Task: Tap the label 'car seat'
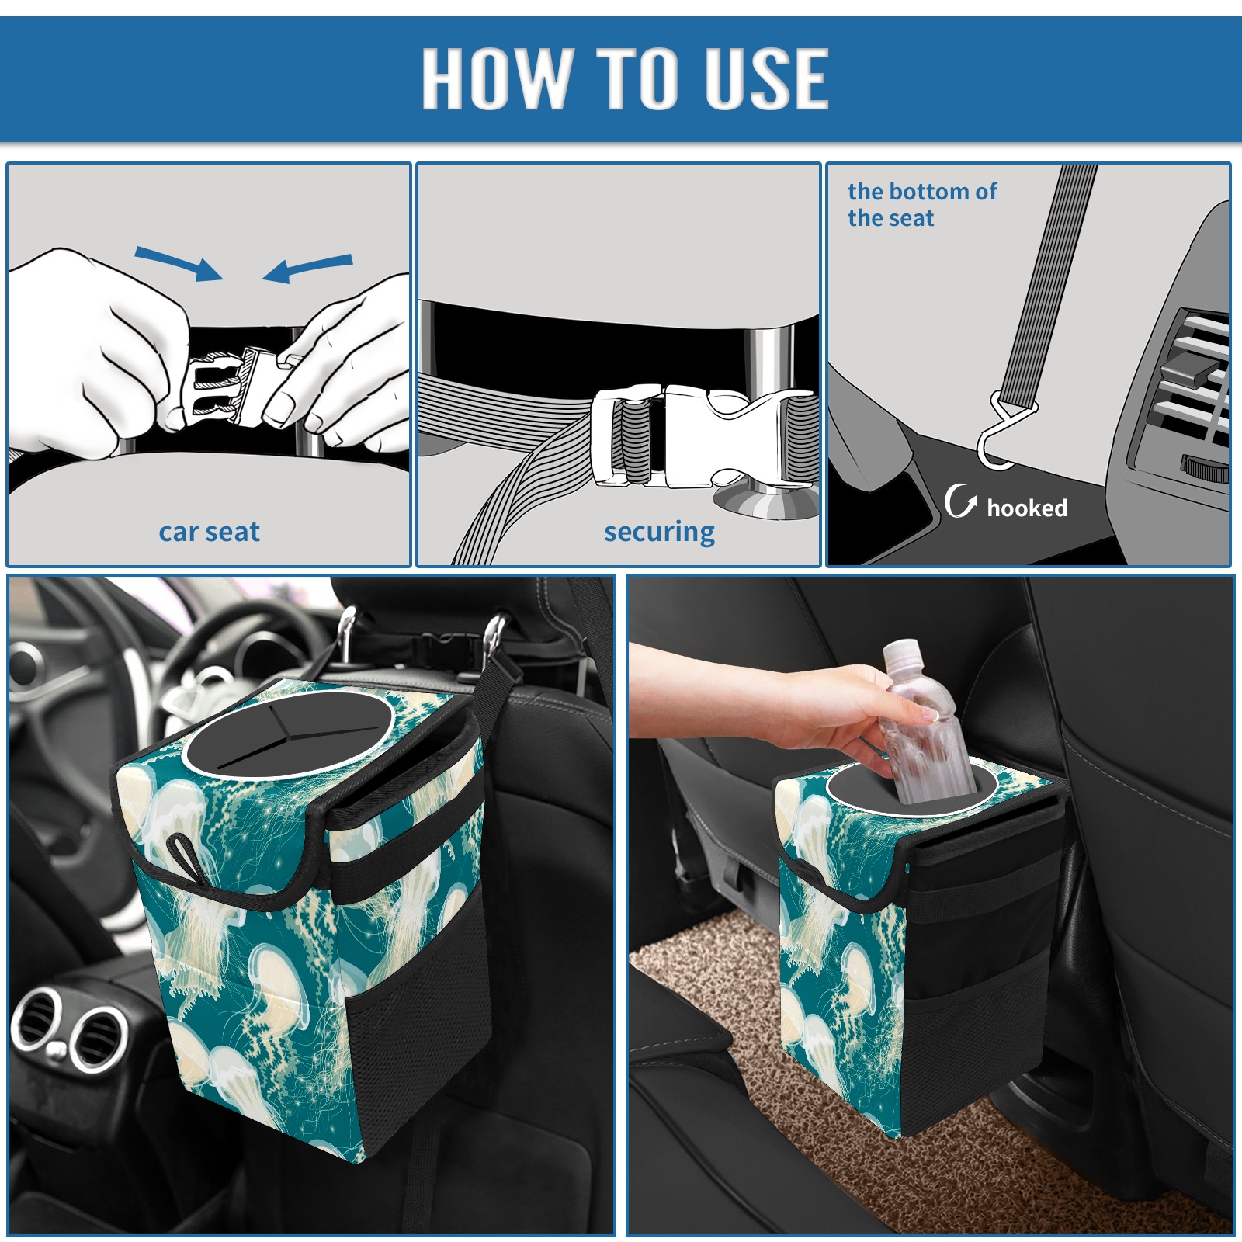209,533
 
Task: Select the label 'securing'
659,533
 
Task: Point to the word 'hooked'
1027,508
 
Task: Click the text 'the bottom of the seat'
921,204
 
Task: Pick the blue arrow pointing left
307,269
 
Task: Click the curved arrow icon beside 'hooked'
960,501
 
